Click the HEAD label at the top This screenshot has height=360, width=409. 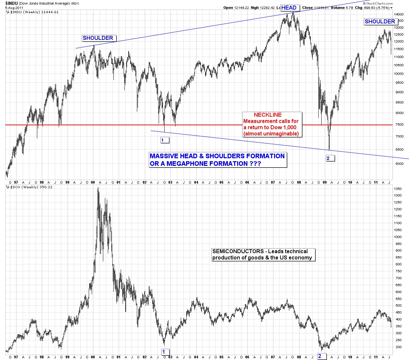click(x=289, y=8)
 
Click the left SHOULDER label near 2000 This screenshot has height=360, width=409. click(x=98, y=38)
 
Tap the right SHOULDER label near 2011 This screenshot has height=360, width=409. click(x=380, y=22)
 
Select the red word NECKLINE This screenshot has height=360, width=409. click(x=267, y=115)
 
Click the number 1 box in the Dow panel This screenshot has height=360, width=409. click(x=163, y=140)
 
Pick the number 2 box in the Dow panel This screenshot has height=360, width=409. click(x=328, y=159)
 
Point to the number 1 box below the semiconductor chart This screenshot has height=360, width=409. click(x=164, y=352)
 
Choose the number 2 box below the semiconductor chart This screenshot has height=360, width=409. click(x=320, y=356)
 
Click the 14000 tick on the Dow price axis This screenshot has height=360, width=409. click(x=399, y=15)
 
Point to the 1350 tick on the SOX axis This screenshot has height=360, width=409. click(x=398, y=189)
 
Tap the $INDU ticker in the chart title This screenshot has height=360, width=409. click(x=11, y=3)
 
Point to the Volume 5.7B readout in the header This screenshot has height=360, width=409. click(x=338, y=8)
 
